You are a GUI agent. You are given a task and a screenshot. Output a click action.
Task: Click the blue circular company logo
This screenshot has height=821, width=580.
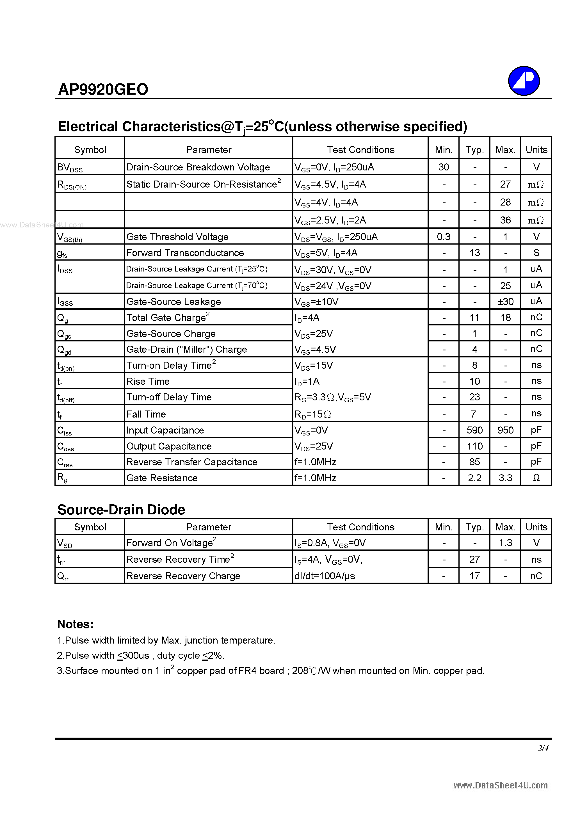(524, 81)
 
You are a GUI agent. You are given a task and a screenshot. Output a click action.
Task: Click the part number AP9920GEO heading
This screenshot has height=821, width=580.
(103, 89)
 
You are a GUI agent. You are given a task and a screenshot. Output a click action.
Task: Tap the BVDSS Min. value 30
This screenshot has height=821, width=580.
(443, 167)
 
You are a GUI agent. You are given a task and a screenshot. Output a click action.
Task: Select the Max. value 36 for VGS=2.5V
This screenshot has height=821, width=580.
(505, 220)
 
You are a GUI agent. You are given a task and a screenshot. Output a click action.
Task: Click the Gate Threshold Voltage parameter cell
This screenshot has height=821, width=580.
(177, 237)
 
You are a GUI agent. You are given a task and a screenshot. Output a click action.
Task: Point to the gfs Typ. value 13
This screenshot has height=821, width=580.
(474, 253)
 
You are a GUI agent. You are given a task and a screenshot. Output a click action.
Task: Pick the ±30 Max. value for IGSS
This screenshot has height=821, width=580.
(505, 302)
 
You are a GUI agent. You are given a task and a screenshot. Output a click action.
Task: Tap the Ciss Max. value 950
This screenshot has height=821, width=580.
(505, 430)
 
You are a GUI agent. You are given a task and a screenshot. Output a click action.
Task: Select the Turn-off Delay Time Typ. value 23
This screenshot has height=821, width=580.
(474, 397)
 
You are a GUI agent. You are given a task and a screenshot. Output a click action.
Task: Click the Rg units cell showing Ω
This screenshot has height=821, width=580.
(536, 478)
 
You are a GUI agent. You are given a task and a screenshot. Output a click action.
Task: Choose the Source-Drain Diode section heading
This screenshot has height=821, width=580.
(121, 510)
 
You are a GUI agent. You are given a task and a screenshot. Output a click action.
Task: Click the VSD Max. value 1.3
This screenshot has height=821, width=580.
(505, 543)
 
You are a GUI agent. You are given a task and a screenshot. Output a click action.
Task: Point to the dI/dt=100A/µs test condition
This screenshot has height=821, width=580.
(325, 576)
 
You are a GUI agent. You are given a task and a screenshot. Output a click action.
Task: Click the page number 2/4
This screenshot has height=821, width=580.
(543, 748)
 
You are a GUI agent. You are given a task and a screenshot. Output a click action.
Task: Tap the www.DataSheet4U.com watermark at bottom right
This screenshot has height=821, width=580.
(500, 785)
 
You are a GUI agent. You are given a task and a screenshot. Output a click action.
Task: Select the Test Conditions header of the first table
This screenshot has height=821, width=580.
(360, 149)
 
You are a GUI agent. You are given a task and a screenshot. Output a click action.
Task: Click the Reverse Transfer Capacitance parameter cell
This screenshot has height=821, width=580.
(192, 462)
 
